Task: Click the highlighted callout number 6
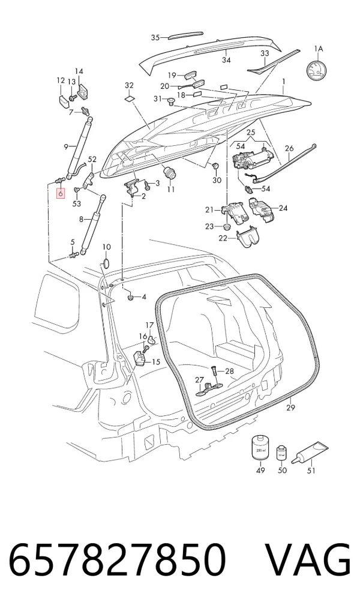coord(61,193)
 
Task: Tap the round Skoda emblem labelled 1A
coord(317,70)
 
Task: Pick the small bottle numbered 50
coord(281,454)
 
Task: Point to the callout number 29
coord(290,408)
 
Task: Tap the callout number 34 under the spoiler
coord(226,60)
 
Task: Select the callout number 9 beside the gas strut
coord(66,146)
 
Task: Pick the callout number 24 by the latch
coord(283,208)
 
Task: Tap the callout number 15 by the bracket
coord(155,363)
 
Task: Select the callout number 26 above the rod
coord(289,148)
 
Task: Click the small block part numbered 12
coord(64,96)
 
